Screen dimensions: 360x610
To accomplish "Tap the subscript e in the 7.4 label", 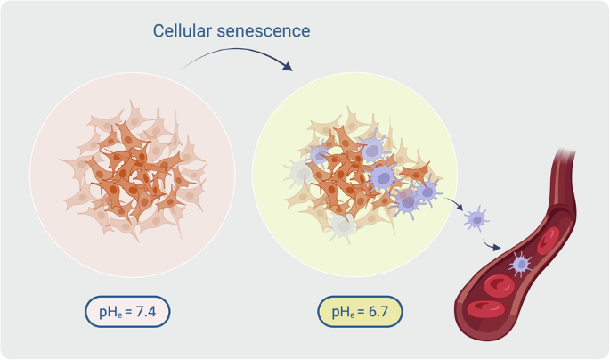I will coord(117,316).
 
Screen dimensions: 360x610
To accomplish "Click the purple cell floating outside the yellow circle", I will coord(478,218).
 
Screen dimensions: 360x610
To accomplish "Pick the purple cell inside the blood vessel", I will coord(519,265).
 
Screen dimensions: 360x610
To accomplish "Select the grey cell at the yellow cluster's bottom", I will coord(343,228).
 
